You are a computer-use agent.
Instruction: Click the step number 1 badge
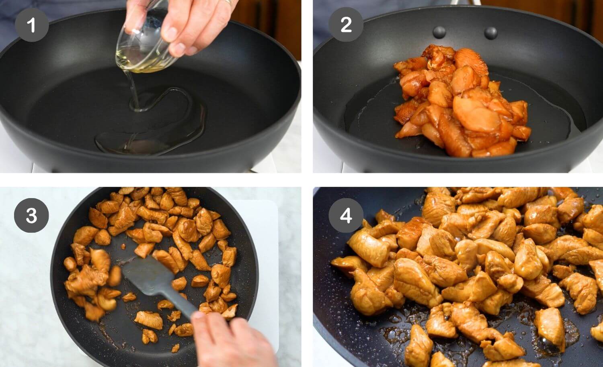31,25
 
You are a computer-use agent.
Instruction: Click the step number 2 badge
346,25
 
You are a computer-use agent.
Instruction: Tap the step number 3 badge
31,215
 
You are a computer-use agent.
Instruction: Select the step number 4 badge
346,215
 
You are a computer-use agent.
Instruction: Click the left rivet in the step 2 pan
439,31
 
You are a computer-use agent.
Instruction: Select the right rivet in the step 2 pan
490,33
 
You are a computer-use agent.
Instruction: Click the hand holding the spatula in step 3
233,341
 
